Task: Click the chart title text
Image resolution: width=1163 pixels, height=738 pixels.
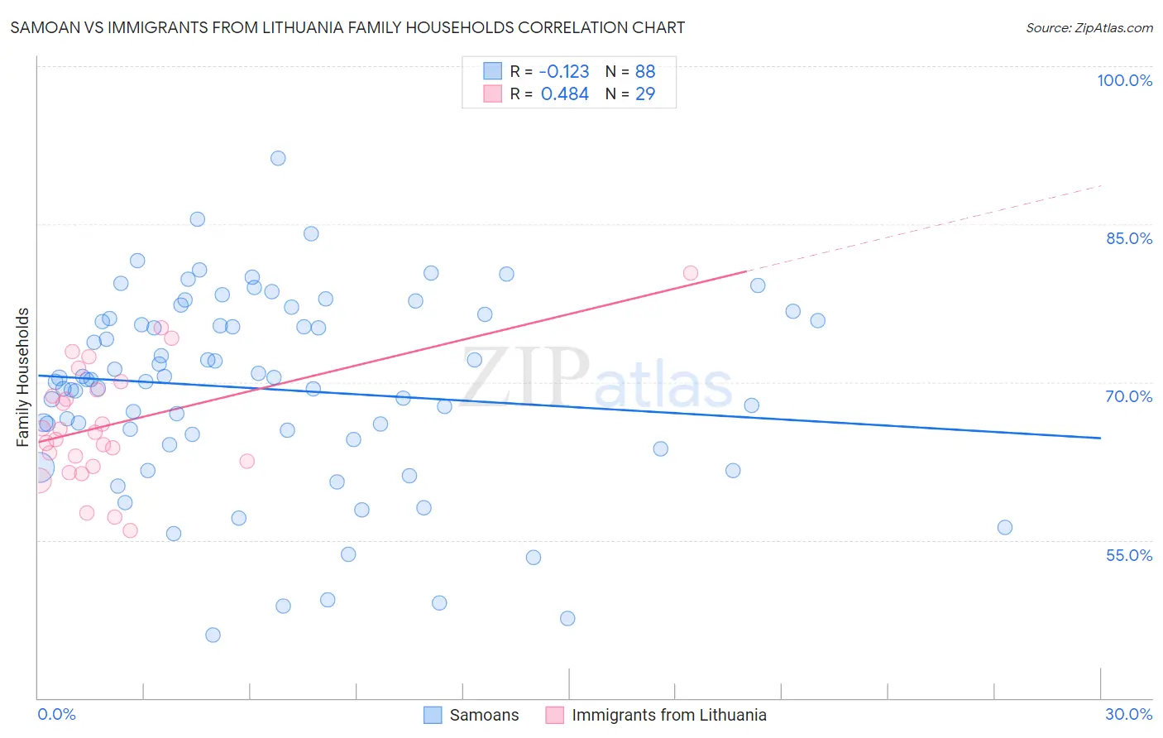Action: click(x=347, y=27)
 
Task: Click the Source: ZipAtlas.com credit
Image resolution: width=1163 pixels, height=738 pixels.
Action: click(x=1089, y=27)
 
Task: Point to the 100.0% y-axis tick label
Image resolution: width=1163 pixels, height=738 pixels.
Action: click(x=1124, y=80)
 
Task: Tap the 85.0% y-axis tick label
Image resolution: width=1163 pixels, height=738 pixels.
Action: click(x=1129, y=238)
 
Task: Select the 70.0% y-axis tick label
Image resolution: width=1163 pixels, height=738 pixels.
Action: click(x=1129, y=396)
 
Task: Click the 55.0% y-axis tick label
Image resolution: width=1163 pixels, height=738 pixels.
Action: click(x=1129, y=555)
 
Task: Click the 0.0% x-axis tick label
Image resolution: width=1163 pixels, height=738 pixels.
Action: click(x=56, y=714)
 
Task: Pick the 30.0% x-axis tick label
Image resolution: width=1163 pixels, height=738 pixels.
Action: click(x=1128, y=714)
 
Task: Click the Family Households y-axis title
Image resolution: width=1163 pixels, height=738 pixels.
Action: click(x=23, y=377)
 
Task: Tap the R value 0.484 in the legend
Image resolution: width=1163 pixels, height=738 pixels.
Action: click(x=565, y=94)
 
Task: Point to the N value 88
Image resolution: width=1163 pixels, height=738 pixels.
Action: click(x=645, y=72)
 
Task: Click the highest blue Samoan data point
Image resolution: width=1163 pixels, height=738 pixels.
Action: click(x=278, y=158)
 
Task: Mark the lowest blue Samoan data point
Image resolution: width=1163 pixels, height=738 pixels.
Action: click(x=213, y=635)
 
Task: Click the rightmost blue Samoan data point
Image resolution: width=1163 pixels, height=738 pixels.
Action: click(x=1005, y=528)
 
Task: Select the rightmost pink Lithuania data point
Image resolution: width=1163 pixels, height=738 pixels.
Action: click(x=691, y=273)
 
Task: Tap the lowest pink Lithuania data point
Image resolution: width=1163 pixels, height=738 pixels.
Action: click(x=130, y=530)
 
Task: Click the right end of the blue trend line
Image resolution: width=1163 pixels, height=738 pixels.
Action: click(x=1100, y=438)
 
